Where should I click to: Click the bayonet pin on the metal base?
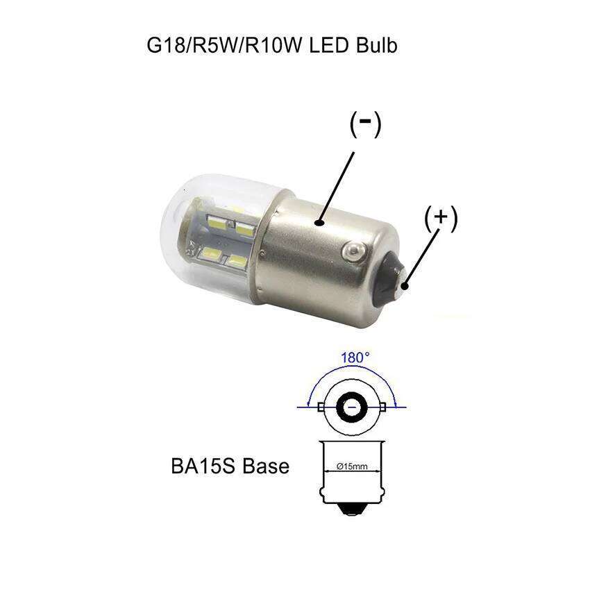tap(355, 248)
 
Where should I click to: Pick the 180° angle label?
tap(355, 358)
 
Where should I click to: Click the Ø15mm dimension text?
tap(352, 466)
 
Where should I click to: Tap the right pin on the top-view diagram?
tap(385, 407)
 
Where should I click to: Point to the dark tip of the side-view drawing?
tap(353, 510)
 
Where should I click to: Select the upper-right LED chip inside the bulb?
tap(244, 226)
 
